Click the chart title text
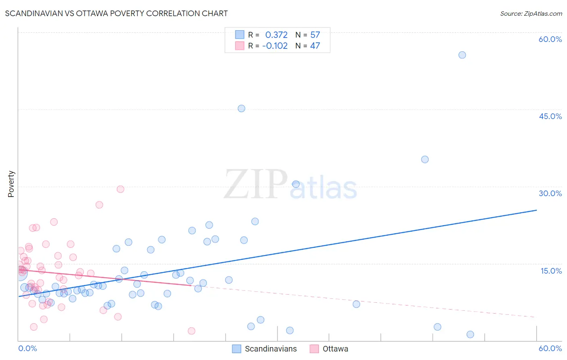click(116, 13)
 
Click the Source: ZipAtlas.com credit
click(531, 13)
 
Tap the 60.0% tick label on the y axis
click(550, 39)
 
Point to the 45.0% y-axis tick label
click(550, 116)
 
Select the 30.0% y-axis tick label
click(550, 193)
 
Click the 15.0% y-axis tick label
click(551, 271)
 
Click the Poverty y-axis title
click(11, 184)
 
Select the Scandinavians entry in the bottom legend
click(271, 349)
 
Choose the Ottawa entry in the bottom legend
click(335, 349)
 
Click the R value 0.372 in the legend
click(276, 35)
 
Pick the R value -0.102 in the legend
click(275, 46)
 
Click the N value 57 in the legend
click(315, 35)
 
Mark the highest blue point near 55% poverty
click(462, 55)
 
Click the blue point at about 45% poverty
click(241, 108)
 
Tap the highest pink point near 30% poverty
click(120, 189)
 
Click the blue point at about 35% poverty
click(425, 159)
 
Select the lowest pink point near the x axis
click(192, 331)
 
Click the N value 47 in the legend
click(315, 46)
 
